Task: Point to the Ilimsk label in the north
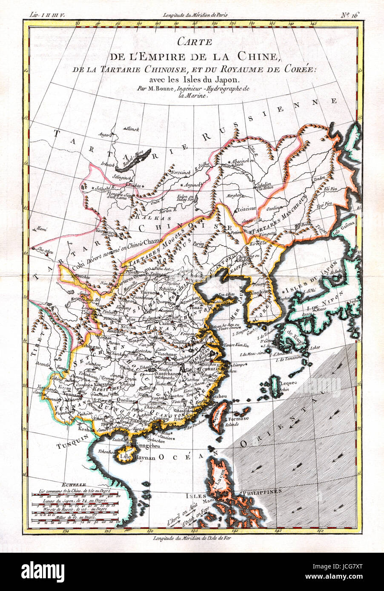pos(132,129)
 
